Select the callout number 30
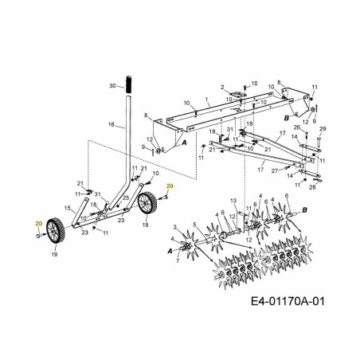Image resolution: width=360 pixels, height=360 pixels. pos(112,84)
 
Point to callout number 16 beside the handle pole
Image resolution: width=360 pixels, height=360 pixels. pos(112,125)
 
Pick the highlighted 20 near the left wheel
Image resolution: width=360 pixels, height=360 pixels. pos(38,225)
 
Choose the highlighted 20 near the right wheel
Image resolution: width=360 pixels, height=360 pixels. pos(169,186)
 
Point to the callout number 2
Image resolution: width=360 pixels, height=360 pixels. pos(223,86)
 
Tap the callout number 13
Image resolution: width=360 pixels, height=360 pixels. pos(233,200)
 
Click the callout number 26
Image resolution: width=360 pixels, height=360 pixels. pos(295,127)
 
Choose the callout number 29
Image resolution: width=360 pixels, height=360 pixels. pos(323,128)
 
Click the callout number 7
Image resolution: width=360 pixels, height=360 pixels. pos(177,260)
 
